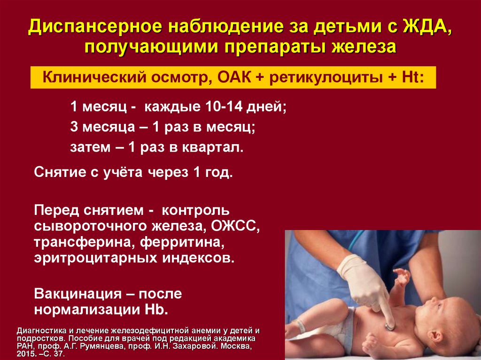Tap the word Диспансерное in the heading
point(95,27)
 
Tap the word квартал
point(213,147)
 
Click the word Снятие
point(60,172)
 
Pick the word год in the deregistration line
point(218,172)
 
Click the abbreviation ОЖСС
point(235,227)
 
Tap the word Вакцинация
point(78,294)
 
